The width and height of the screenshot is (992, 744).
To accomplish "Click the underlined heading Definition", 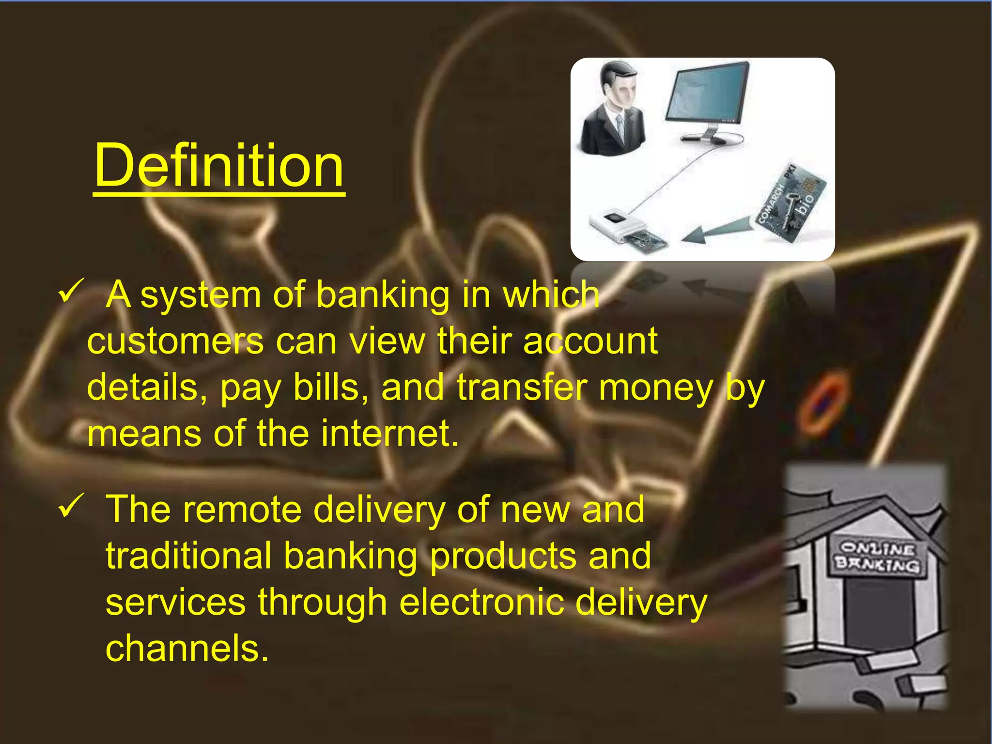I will point(219,166).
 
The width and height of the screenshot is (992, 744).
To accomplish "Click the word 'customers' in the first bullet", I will point(175,341).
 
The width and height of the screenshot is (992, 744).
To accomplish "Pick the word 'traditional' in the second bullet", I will point(188,556).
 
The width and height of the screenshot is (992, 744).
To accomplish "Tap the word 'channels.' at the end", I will point(187,649).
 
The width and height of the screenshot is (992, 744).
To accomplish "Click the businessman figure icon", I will point(613,109).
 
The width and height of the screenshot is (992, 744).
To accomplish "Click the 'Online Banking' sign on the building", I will point(878,557).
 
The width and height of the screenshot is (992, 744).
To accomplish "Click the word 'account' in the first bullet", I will point(590,341).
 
